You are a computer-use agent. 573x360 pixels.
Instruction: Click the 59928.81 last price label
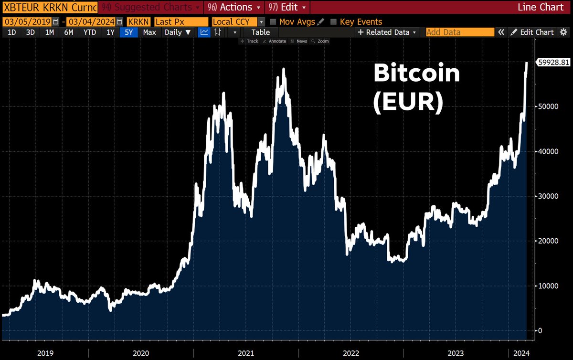pyautogui.click(x=554, y=62)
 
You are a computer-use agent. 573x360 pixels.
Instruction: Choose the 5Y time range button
pyautogui.click(x=129, y=32)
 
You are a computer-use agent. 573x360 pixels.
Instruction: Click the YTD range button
pyautogui.click(x=89, y=32)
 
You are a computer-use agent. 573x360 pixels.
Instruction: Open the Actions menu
pyautogui.click(x=234, y=7)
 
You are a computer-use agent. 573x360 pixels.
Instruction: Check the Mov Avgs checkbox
pyautogui.click(x=273, y=22)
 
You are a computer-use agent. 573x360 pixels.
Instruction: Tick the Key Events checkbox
pyautogui.click(x=334, y=22)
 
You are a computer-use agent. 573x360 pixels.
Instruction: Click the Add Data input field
pyautogui.click(x=459, y=32)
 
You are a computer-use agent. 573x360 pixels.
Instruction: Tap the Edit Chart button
pyautogui.click(x=532, y=32)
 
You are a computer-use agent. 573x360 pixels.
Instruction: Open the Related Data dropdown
pyautogui.click(x=387, y=32)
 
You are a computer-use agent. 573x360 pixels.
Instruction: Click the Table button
pyautogui.click(x=260, y=32)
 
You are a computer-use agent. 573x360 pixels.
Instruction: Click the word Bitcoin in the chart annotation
pyautogui.click(x=416, y=74)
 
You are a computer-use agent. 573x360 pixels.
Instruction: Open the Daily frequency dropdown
pyautogui.click(x=177, y=32)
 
